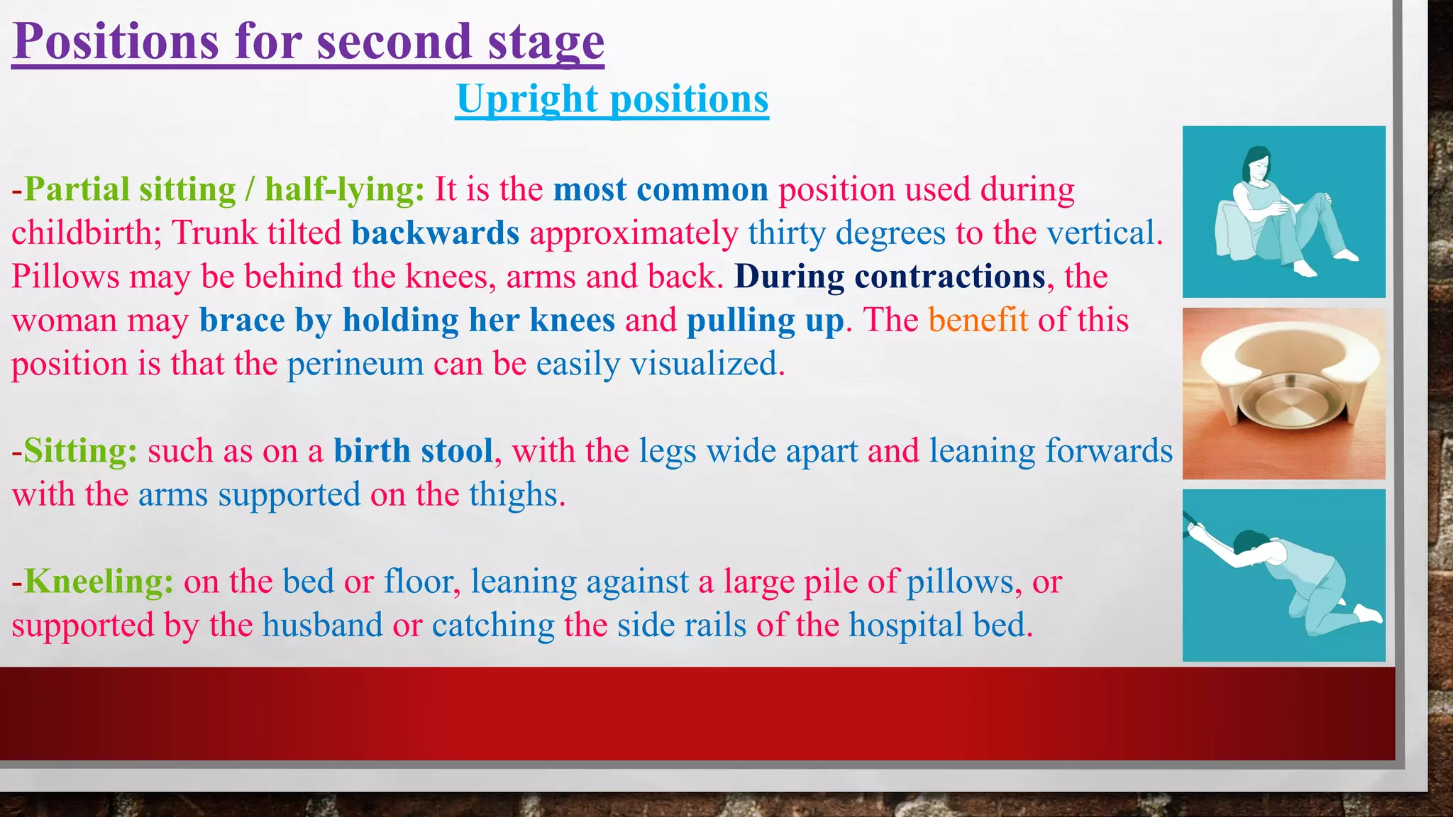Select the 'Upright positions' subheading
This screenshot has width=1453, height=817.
612,99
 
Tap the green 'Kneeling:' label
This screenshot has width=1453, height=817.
99,582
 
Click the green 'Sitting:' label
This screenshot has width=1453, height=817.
80,451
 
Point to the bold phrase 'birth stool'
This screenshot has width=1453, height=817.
413,451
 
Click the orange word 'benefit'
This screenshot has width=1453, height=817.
978,320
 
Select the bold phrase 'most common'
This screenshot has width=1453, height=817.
661,189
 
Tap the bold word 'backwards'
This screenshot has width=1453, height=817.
435,233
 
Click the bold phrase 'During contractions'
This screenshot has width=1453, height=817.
890,277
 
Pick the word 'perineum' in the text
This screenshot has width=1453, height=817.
355,364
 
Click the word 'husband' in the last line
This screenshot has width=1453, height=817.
322,626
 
